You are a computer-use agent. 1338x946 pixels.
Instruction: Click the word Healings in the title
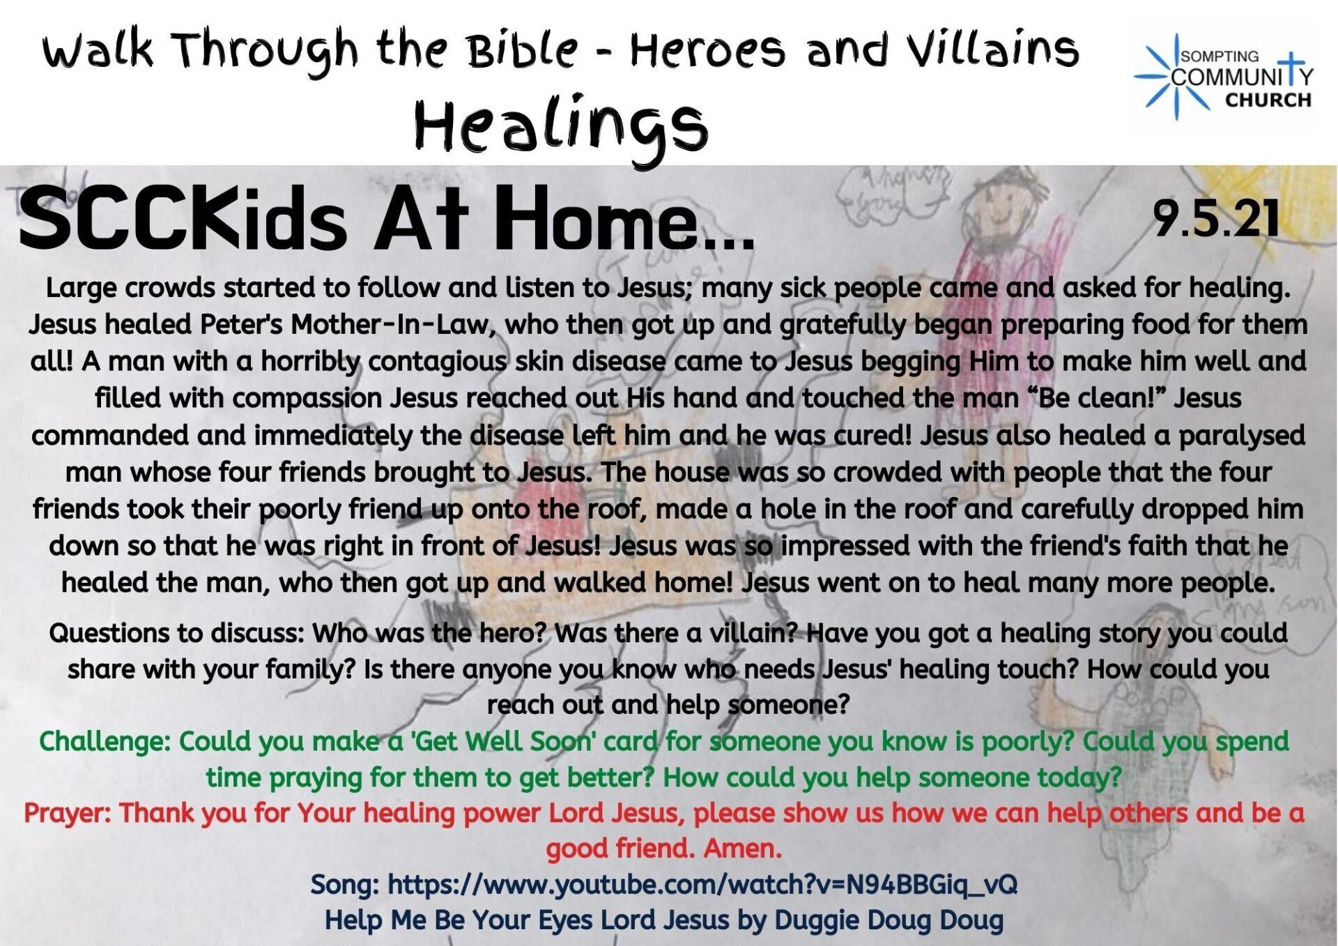562,128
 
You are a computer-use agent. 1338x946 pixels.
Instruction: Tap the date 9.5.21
1217,218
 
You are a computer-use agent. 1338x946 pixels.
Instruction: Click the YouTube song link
702,884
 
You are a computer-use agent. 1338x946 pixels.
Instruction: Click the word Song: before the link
344,884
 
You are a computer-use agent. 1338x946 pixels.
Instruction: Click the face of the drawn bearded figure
1006,199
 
